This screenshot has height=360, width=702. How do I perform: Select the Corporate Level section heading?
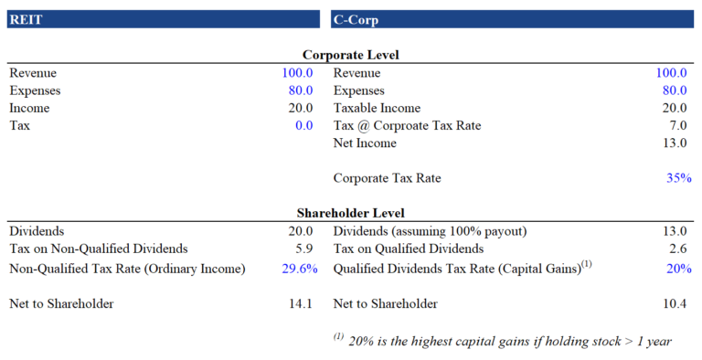point(350,55)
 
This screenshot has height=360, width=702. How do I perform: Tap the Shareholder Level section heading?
point(350,214)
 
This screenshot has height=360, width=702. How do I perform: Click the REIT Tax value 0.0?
point(303,125)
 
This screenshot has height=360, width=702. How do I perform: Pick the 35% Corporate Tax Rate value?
point(678,178)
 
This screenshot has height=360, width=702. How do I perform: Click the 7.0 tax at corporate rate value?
point(676,125)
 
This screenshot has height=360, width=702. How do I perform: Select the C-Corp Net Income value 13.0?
point(674,143)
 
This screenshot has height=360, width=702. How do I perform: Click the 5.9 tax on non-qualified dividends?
point(303,249)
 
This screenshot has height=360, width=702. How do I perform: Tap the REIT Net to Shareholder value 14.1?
point(301,303)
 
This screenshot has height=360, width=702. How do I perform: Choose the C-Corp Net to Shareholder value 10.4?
point(674,303)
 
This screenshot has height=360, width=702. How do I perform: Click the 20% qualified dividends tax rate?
point(678,268)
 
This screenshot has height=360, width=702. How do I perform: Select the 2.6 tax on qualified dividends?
point(676,249)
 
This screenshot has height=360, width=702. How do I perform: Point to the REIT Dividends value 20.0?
point(301,231)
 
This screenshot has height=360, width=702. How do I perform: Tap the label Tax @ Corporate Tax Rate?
point(407,125)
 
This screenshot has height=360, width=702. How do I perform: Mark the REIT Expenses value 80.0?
point(301,90)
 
